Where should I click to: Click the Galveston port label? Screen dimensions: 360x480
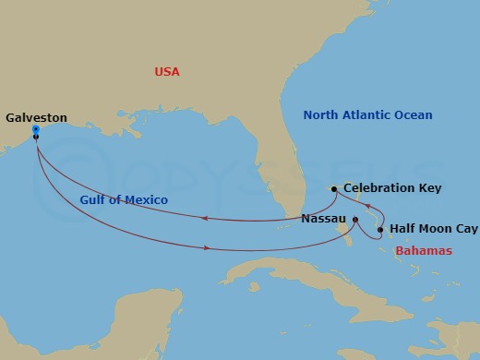coord(37,118)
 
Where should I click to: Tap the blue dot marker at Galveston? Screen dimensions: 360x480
coord(35,130)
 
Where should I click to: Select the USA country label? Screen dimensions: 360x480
coord(167,72)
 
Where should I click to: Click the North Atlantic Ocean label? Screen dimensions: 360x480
coord(368,115)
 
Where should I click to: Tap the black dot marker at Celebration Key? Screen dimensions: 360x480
coord(334,189)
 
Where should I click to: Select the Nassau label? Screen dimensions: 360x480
coord(324,220)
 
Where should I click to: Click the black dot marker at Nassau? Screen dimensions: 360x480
coord(354,220)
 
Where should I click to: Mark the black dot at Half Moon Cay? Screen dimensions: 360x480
coord(380,229)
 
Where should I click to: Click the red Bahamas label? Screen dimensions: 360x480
coord(423,251)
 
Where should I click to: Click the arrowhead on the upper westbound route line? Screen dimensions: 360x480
coord(204,218)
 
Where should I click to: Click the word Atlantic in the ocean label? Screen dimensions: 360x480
coord(366,115)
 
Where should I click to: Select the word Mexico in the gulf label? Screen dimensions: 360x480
coord(149,199)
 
